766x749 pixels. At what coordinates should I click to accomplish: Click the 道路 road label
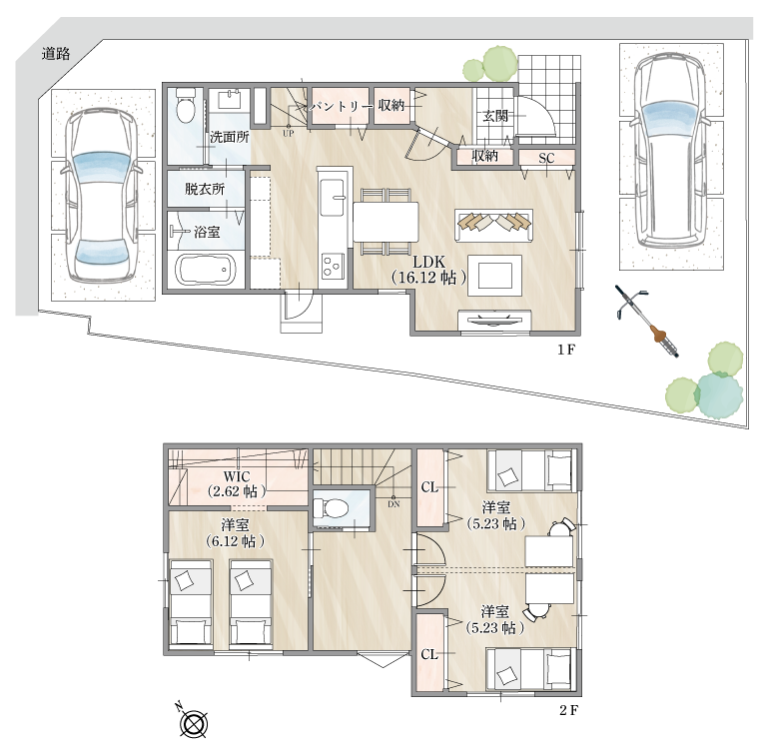56,53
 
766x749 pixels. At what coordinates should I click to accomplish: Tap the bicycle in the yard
646,323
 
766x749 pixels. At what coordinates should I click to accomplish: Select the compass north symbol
194,722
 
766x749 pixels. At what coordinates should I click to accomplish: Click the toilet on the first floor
186,106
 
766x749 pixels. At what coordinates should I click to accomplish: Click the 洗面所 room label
230,137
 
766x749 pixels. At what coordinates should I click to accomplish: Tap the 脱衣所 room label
205,189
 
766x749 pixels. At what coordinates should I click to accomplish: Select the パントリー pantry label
339,106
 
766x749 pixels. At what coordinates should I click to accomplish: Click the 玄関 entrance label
495,116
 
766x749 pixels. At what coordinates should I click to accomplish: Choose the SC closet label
546,158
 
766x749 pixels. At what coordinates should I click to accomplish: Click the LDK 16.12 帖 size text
428,278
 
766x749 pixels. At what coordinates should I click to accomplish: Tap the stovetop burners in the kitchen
333,266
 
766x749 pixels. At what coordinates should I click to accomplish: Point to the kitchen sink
333,197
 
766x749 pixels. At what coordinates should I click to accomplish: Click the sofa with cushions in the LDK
493,226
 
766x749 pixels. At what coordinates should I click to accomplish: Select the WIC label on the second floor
237,476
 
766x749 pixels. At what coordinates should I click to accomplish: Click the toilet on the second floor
330,508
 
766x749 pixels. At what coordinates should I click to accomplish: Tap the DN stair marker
393,504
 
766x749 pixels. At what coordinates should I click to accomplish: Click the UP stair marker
289,133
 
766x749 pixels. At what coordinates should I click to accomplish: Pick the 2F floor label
568,710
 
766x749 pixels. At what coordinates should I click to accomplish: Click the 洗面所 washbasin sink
230,100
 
